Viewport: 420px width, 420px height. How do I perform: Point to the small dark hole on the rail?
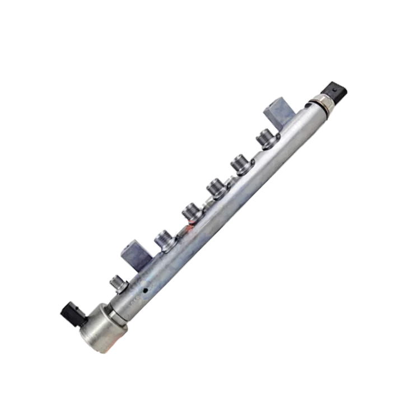point(145,291)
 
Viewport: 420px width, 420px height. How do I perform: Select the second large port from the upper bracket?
point(239,163)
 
